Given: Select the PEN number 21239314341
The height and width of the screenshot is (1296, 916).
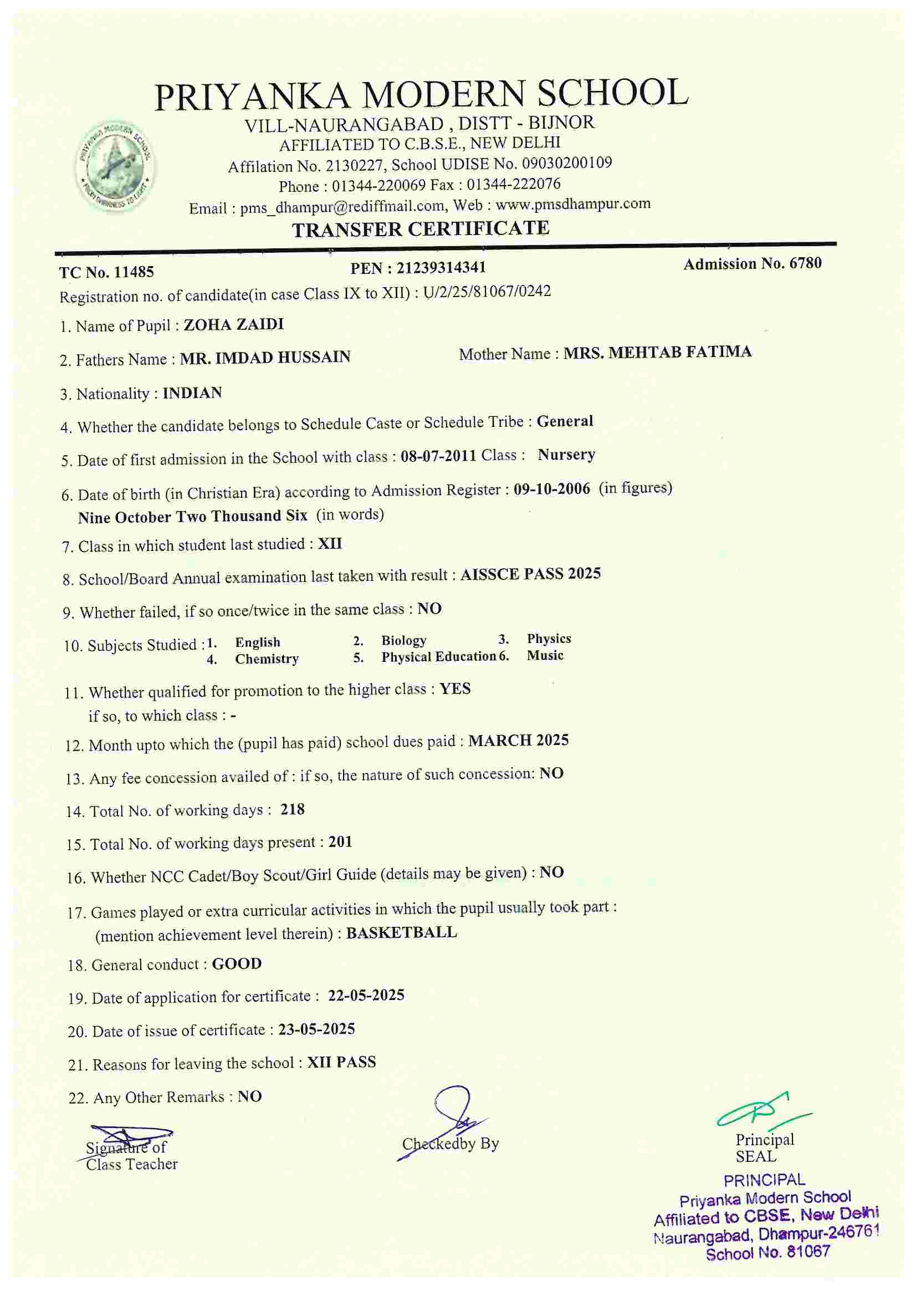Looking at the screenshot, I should click(441, 268).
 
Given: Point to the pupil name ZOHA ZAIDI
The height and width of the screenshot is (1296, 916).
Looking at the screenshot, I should click(234, 325).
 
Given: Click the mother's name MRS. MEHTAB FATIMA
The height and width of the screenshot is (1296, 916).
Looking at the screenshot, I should click(658, 352).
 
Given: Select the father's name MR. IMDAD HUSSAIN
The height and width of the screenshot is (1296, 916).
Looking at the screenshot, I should click(265, 358).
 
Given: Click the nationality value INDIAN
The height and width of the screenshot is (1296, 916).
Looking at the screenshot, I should click(192, 393).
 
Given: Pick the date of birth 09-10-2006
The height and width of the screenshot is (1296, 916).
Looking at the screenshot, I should click(551, 489).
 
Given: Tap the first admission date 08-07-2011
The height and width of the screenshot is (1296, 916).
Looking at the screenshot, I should click(438, 456).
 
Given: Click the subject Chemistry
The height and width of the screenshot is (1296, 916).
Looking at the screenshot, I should click(267, 659).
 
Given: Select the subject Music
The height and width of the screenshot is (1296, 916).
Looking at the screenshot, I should click(545, 655).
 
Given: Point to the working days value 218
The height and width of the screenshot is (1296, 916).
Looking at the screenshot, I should click(293, 809).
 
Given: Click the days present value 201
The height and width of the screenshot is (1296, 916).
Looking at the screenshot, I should click(340, 842).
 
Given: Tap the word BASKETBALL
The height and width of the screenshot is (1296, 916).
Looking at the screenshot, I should click(401, 932).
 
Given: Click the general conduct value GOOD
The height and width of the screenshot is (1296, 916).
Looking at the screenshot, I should click(237, 963).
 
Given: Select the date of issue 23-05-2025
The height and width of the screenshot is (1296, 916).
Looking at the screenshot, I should click(316, 1029).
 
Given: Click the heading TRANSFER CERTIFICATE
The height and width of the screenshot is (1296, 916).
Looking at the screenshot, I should click(421, 228).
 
